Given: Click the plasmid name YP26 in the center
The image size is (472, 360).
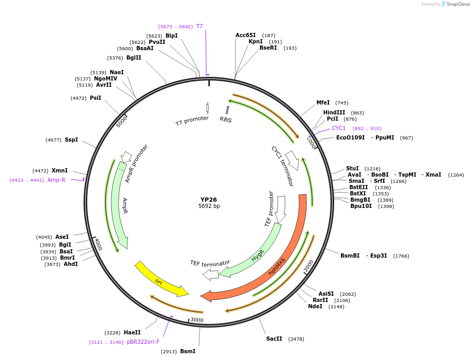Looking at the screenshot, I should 209,200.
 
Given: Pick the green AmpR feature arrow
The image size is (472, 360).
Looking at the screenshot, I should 119,204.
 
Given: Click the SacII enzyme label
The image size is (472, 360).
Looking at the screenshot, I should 274,339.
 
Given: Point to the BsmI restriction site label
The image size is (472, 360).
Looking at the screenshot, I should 187,352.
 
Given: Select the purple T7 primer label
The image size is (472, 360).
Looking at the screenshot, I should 199,26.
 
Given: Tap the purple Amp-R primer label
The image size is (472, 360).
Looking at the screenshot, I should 56,180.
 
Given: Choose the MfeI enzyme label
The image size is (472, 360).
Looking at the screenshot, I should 323,103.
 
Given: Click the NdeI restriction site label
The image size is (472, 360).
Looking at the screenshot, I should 315,307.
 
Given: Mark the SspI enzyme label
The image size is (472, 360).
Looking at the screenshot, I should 71,140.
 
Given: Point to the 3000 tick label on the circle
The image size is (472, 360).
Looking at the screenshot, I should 197,320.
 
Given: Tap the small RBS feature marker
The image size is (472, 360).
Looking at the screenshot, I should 227,110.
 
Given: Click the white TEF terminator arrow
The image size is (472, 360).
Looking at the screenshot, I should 210,274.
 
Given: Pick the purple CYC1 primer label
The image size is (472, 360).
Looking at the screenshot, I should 339,129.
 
